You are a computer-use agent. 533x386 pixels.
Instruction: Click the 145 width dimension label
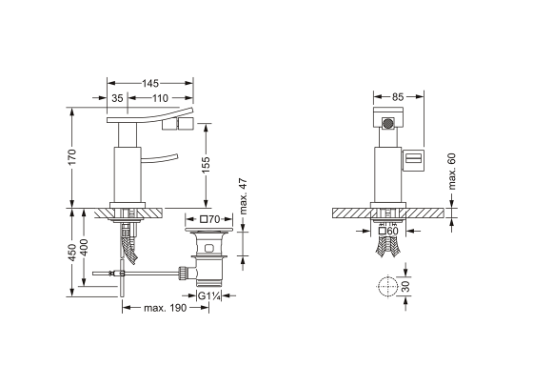(x=150, y=84)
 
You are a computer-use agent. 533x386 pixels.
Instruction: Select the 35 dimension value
(x=117, y=98)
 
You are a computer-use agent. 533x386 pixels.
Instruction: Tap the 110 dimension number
(x=160, y=98)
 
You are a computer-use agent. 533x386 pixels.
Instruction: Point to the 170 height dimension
(x=72, y=157)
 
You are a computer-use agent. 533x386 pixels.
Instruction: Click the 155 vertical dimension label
(x=206, y=165)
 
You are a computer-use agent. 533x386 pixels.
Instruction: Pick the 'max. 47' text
(x=244, y=196)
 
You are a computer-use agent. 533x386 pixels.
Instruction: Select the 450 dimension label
(x=72, y=253)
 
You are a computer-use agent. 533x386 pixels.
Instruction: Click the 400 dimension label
(x=84, y=248)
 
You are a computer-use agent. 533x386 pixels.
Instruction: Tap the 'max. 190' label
(x=166, y=308)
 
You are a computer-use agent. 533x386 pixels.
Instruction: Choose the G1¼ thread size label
(x=209, y=296)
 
